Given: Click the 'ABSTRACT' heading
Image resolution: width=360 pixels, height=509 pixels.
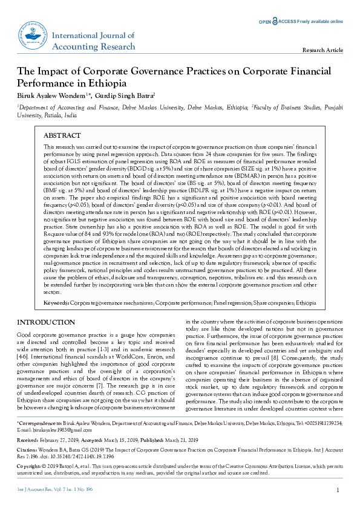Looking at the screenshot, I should [x=62, y=136].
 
